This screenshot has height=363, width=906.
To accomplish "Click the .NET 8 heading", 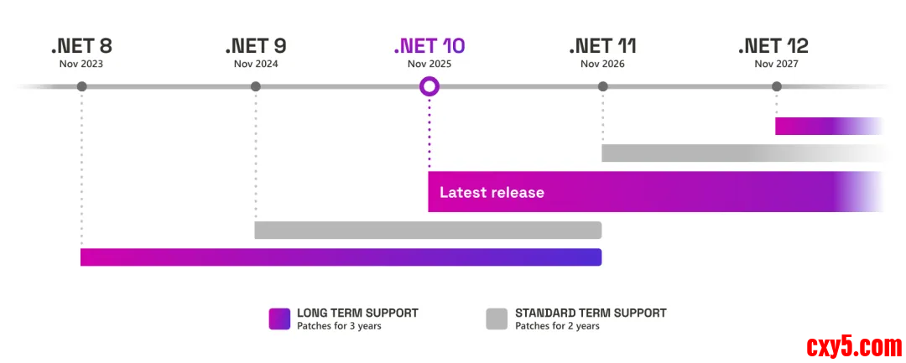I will [x=81, y=45].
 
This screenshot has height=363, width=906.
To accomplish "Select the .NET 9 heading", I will [x=256, y=45].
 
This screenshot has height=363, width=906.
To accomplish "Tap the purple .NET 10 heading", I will [x=429, y=45].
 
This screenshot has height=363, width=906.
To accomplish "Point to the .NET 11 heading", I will [x=602, y=45].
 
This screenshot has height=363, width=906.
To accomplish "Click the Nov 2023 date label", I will [x=81, y=64].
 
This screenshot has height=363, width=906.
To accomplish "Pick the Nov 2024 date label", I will [x=256, y=64].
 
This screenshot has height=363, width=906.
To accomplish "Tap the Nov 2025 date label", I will [x=430, y=64].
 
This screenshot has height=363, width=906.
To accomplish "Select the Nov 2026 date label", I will [x=602, y=64].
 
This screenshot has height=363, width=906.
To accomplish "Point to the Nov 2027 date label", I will [x=776, y=64].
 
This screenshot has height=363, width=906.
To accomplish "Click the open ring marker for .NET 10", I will [x=430, y=86].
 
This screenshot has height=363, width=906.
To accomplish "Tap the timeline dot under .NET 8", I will [x=81, y=86].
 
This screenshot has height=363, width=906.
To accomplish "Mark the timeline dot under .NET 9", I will [x=256, y=86].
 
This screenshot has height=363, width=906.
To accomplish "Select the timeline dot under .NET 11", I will [x=602, y=86].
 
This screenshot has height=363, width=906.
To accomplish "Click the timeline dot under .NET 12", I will [x=777, y=86].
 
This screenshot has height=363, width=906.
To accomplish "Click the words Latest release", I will [x=492, y=193].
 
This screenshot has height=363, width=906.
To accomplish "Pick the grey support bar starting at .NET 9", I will [x=428, y=230].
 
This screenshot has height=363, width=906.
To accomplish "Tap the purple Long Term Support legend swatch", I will [x=279, y=319].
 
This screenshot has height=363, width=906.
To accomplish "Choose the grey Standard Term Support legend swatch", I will [x=497, y=319].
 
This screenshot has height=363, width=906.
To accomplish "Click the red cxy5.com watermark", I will [x=854, y=345].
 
